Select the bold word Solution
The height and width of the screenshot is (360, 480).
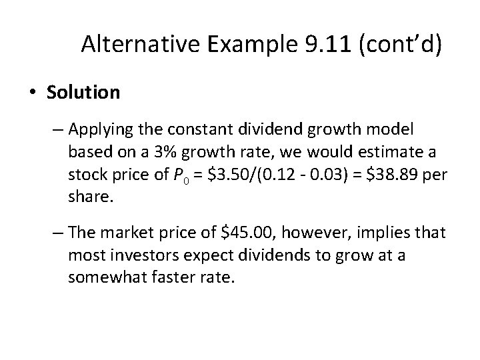click(x=83, y=92)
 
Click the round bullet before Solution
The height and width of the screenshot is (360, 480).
click(x=33, y=93)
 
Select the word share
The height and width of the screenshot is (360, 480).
click(x=85, y=198)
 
